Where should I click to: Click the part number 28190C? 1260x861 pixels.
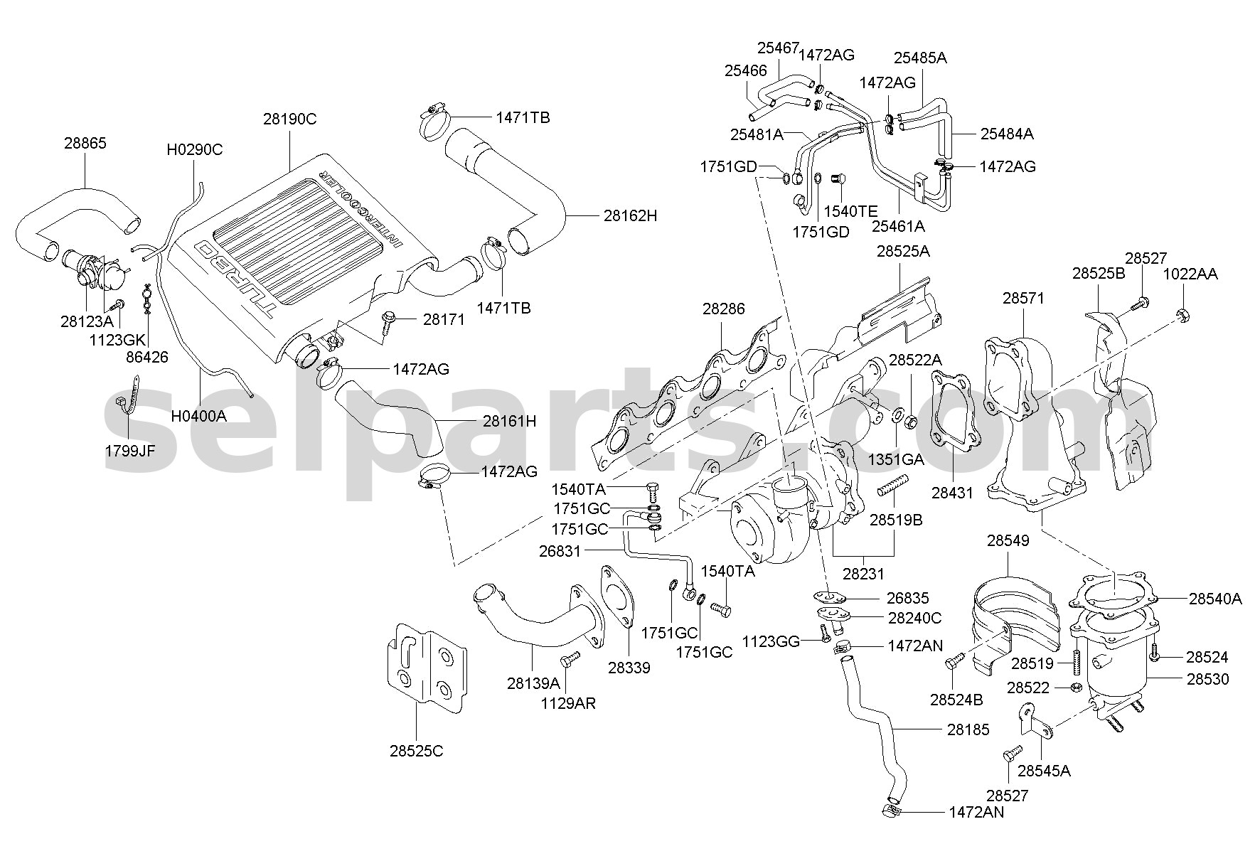pyautogui.click(x=289, y=119)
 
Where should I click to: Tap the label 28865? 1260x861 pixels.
pyautogui.click(x=85, y=144)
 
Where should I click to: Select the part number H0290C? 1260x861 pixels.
pyautogui.click(x=195, y=149)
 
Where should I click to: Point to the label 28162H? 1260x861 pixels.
pyautogui.click(x=631, y=215)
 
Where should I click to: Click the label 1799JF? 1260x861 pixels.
pyautogui.click(x=129, y=450)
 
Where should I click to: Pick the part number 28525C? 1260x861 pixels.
pyautogui.click(x=416, y=750)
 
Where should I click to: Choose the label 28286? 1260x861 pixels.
pyautogui.click(x=724, y=309)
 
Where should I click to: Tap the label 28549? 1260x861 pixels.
pyautogui.click(x=1008, y=541)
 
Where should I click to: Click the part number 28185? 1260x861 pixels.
pyautogui.click(x=968, y=729)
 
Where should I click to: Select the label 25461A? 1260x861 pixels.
pyautogui.click(x=899, y=226)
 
